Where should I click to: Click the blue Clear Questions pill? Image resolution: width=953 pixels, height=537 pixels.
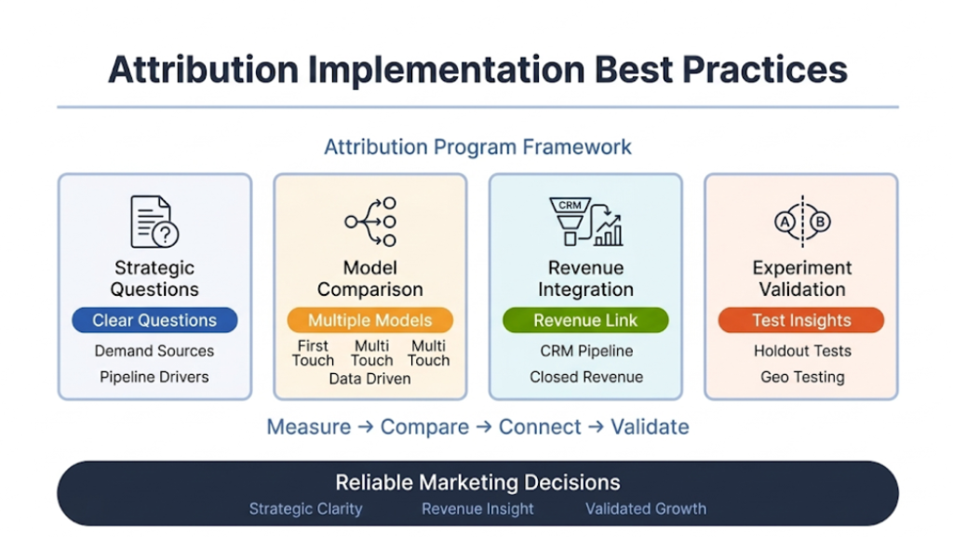coord(154,320)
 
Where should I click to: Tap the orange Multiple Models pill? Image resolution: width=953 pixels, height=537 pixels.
coord(369,320)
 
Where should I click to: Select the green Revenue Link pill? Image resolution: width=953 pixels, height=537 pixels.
coord(585,320)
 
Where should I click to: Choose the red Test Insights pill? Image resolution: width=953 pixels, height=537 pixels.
coord(801,320)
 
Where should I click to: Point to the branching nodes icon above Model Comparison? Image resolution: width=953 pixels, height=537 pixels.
coord(370,222)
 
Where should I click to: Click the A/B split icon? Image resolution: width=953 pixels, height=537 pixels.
coord(801,222)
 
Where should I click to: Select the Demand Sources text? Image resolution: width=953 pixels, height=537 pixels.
coord(154,351)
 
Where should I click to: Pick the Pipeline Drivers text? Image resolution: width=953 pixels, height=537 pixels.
coord(154,377)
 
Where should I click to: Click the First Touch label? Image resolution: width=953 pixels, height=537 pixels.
coord(313,353)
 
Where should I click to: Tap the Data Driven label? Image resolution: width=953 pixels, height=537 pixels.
coord(369,379)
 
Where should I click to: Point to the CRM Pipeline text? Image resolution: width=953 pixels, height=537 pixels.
coord(586,351)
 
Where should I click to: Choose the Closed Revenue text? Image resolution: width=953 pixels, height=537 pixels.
coord(586,377)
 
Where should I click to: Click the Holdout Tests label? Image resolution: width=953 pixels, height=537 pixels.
coord(802,351)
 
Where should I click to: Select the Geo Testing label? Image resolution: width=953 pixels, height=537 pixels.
coord(802,377)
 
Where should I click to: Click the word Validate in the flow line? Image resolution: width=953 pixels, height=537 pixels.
coord(650,427)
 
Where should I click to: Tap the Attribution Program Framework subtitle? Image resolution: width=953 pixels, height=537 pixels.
coord(477,147)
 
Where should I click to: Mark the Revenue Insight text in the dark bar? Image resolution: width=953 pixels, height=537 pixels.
coord(477,509)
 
